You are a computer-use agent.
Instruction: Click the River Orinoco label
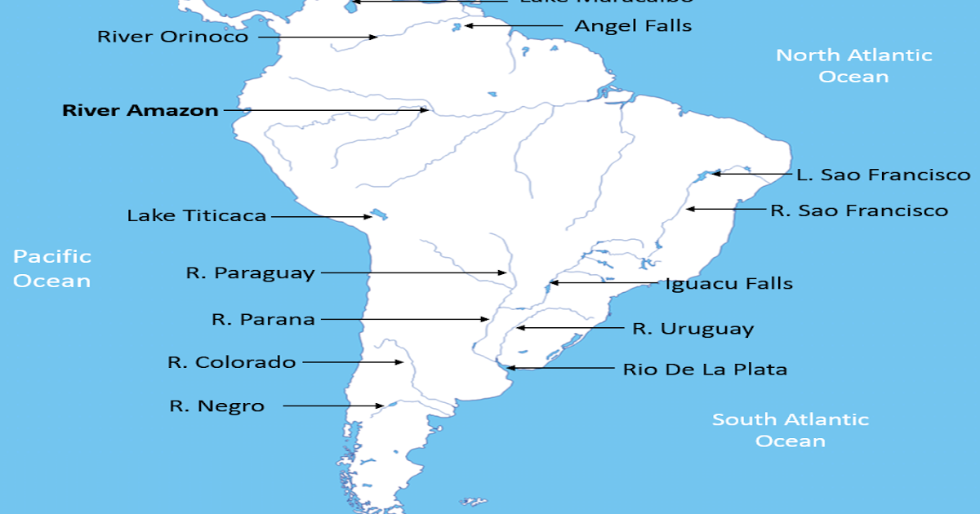(x=172, y=37)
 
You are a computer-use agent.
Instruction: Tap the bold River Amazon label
(x=140, y=110)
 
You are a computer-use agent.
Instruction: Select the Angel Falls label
(x=633, y=26)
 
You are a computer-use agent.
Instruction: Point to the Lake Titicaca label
(x=197, y=216)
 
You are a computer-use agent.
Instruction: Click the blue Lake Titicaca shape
(x=378, y=215)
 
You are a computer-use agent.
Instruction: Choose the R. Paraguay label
(x=250, y=273)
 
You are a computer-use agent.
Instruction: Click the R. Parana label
(x=263, y=319)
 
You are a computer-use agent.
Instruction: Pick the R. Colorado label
(x=232, y=362)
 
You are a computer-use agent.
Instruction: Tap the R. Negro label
(x=217, y=405)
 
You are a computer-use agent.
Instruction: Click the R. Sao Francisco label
(x=859, y=210)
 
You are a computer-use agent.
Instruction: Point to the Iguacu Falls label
(x=729, y=284)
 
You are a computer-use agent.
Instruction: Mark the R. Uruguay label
(x=693, y=329)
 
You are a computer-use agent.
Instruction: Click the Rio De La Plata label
(x=705, y=369)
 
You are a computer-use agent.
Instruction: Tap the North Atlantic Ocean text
(x=853, y=66)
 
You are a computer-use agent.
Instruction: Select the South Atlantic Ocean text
(x=791, y=430)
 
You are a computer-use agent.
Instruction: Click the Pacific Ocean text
(x=52, y=268)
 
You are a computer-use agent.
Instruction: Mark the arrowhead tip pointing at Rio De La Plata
(x=507, y=368)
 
